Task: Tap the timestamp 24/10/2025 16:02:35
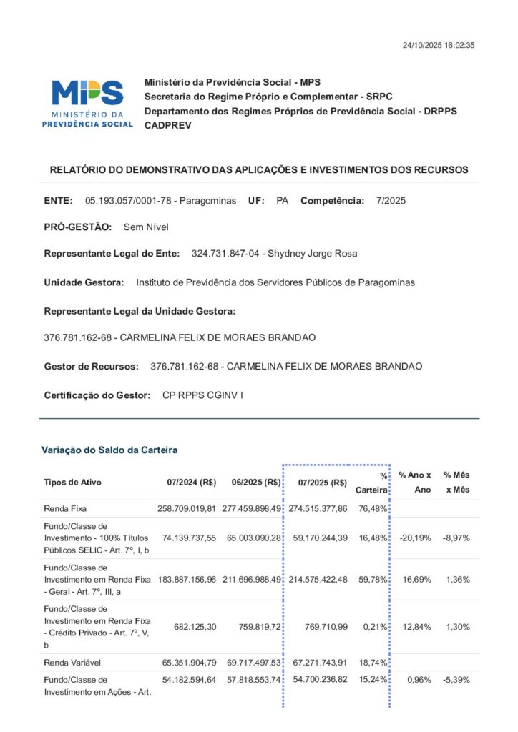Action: tap(439, 46)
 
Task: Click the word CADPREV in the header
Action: tap(167, 125)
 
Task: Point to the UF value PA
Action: tap(282, 201)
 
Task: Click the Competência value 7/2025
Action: tap(391, 201)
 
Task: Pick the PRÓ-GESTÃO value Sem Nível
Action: tap(146, 227)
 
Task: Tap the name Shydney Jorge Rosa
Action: tap(312, 254)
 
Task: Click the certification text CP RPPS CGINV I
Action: tap(202, 395)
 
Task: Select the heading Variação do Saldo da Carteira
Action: tap(109, 450)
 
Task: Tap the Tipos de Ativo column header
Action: tap(73, 483)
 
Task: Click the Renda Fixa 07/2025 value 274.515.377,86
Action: tap(318, 508)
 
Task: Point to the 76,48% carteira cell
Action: tap(373, 508)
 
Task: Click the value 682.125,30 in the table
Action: tap(195, 627)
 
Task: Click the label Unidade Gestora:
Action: tap(84, 282)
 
